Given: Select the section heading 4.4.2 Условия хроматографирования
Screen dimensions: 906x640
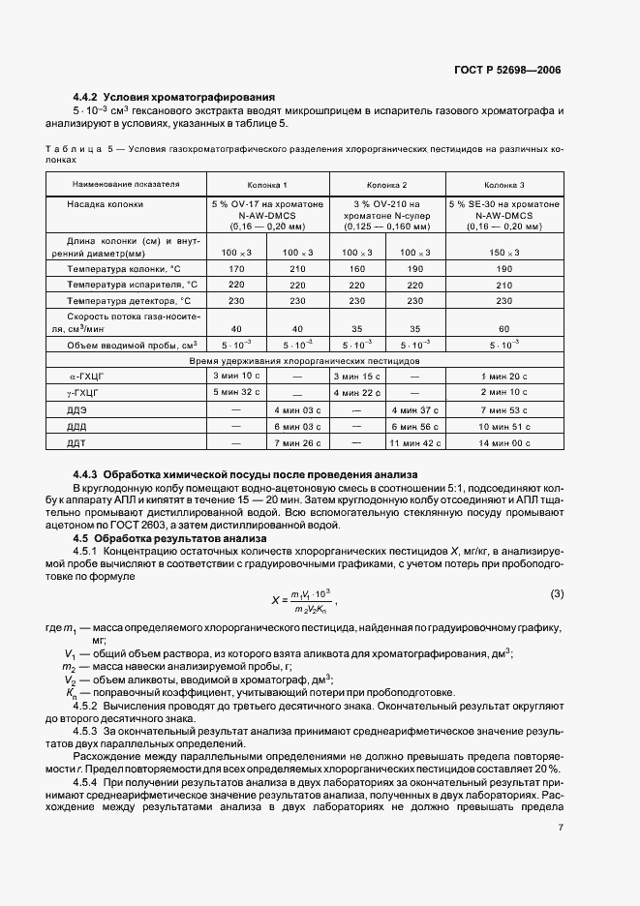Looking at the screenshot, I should point(175,97).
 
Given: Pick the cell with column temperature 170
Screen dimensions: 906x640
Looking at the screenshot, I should point(236,268).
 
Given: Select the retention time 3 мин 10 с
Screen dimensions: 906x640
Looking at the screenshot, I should point(236,375).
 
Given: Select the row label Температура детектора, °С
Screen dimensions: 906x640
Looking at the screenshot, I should point(132,301).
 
